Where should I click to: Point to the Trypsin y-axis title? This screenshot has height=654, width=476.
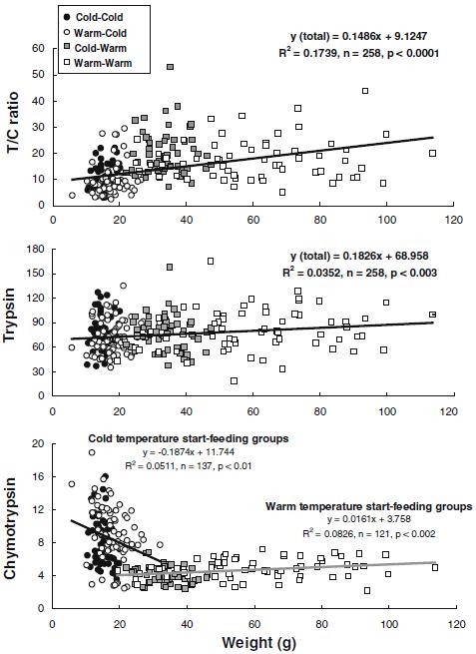point(14,325)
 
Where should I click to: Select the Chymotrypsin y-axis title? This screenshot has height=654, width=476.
point(14,525)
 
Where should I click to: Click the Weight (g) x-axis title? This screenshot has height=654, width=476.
point(252,641)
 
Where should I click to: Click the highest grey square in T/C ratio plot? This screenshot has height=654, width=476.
point(171,67)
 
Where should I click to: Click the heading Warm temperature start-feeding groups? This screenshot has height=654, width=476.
point(368,506)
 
